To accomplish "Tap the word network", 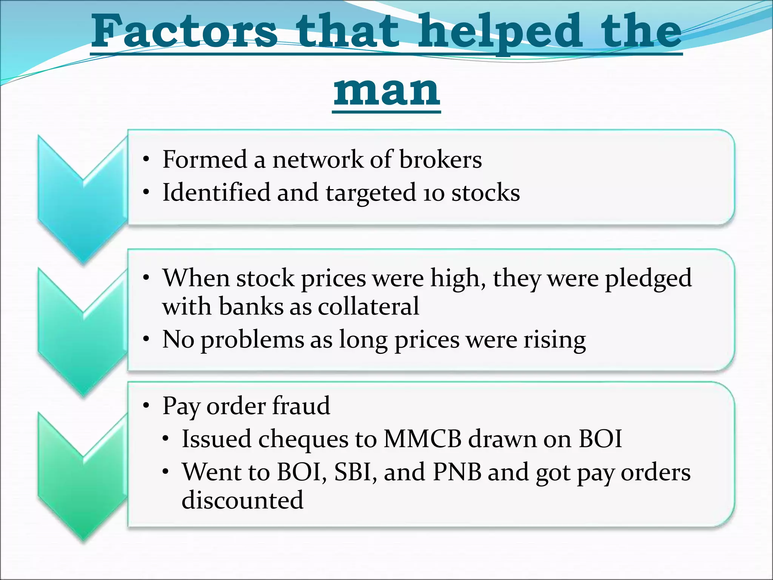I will pos(318,159).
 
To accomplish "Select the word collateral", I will pos(368,306).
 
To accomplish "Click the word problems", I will pos(252,340).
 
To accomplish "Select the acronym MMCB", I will pos(422,439).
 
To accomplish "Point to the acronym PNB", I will pos(457,472).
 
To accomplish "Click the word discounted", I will pos(242,500).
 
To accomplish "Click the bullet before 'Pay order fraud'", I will pos(146,406).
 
